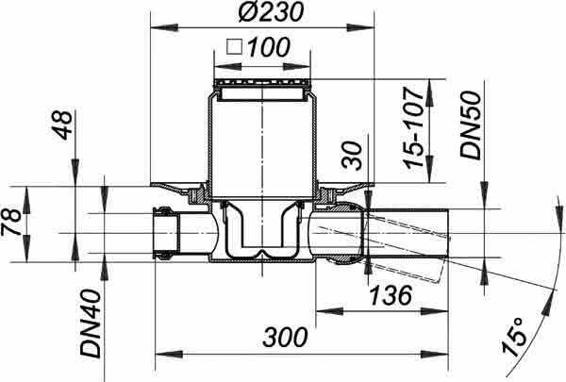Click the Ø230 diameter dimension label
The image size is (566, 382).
[x=270, y=11]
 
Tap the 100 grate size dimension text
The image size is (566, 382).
[x=268, y=46]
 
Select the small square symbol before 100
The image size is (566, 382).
[x=234, y=47]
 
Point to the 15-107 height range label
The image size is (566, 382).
[x=414, y=127]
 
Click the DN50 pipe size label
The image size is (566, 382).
[x=471, y=125]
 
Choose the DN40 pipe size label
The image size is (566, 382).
[x=91, y=324]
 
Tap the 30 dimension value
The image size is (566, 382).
[x=352, y=156]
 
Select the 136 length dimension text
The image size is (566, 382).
[x=391, y=294]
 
